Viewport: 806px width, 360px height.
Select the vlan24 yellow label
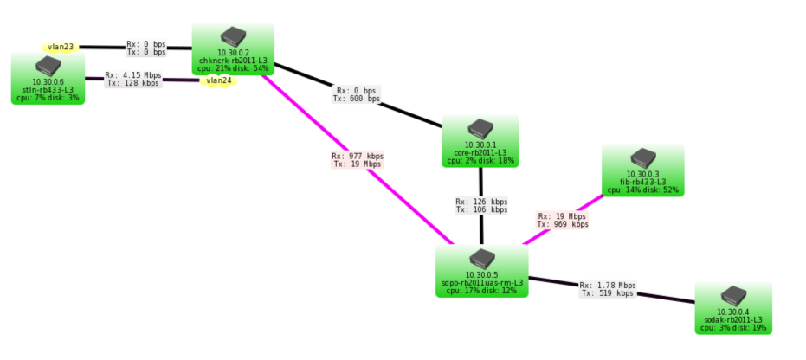218,81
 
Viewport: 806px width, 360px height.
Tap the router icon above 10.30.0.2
232,36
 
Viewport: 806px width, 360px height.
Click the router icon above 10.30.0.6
48,66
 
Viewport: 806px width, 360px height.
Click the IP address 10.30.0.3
642,175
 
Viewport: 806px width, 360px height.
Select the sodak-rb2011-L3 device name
733,320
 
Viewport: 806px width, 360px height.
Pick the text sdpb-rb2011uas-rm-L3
482,283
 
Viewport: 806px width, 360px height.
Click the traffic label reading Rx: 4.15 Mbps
133,75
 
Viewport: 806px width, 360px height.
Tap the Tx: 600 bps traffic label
356,99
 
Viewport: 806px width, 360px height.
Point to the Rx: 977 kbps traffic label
357,157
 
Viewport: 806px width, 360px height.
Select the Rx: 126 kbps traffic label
481,202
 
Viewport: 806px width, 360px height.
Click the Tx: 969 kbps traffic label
562,224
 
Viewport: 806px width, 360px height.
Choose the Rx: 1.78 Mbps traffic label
607,285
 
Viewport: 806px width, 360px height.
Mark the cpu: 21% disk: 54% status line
232,67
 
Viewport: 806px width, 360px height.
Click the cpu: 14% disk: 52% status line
642,190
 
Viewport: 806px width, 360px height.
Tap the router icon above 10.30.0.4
733,295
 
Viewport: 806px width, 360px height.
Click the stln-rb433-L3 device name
48,90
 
